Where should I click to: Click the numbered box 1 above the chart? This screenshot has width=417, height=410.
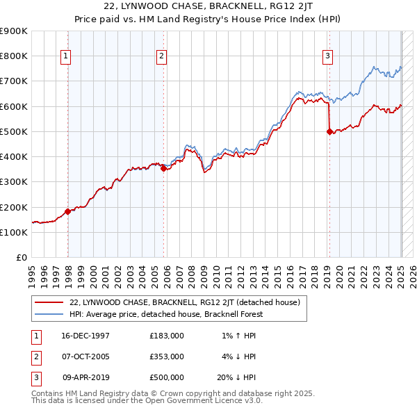[x=66, y=56]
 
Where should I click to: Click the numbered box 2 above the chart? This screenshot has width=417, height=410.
[x=161, y=56]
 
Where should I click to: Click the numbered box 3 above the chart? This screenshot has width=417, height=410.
[x=327, y=56]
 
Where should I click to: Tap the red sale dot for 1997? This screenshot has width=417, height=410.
[x=67, y=211]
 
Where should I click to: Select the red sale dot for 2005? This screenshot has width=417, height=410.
[x=163, y=167]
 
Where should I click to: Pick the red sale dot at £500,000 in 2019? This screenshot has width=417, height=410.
[x=329, y=131]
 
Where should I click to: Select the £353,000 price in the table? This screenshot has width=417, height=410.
[x=166, y=356]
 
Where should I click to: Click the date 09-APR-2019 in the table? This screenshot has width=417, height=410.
[x=85, y=377]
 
